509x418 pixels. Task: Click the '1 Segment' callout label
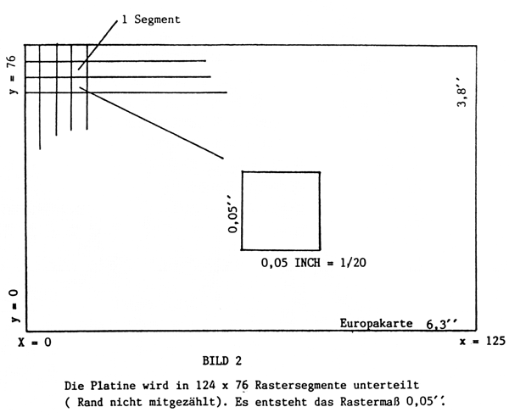150,18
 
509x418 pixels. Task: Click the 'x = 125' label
482,342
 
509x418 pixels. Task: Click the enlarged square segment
281,210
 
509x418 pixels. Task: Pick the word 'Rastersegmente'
332,384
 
